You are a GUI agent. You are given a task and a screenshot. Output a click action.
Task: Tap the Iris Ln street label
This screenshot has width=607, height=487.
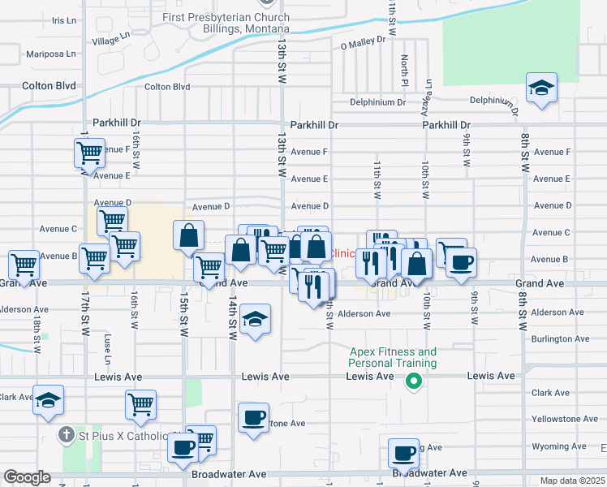pos(62,20)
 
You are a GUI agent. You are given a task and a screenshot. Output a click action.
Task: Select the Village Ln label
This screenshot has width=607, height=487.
pos(111,38)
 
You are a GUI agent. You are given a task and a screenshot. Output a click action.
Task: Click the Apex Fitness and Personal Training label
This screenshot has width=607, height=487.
pos(393,357)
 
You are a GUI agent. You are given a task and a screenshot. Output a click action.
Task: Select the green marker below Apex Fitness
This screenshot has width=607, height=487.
pos(413,380)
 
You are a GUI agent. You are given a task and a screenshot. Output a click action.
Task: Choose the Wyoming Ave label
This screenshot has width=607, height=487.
pos(560,446)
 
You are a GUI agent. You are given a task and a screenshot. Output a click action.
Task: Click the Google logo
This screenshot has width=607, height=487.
pos(27,477)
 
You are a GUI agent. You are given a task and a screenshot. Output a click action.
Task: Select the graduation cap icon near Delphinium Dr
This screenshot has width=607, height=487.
pos(541,88)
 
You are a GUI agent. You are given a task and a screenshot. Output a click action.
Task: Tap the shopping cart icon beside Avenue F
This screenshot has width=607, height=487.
pos(89,152)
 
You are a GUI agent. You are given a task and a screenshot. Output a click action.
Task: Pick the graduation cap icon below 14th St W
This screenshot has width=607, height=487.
pos(255,318)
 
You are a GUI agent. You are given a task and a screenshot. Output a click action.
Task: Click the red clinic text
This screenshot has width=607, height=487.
pos(344,253)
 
